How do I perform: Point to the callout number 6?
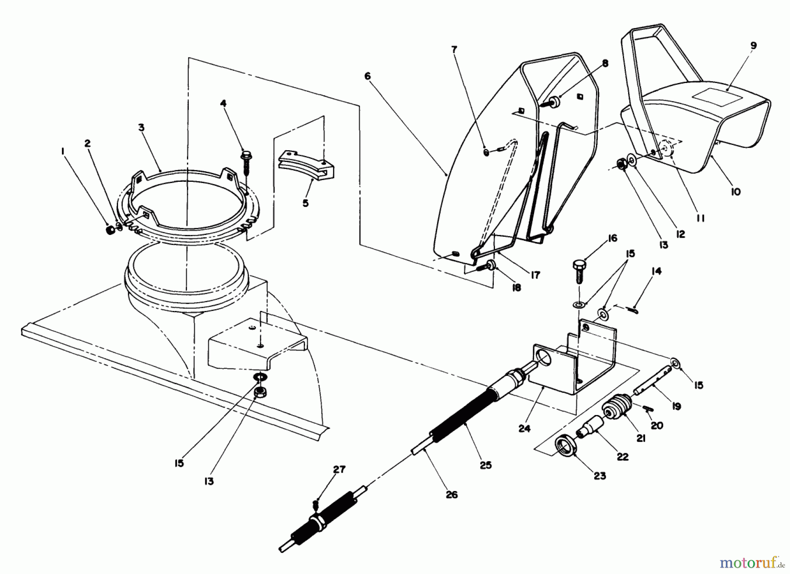tap(367, 76)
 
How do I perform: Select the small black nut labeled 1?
tap(111, 230)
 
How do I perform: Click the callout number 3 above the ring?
tap(141, 127)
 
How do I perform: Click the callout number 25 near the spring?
tap(486, 465)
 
